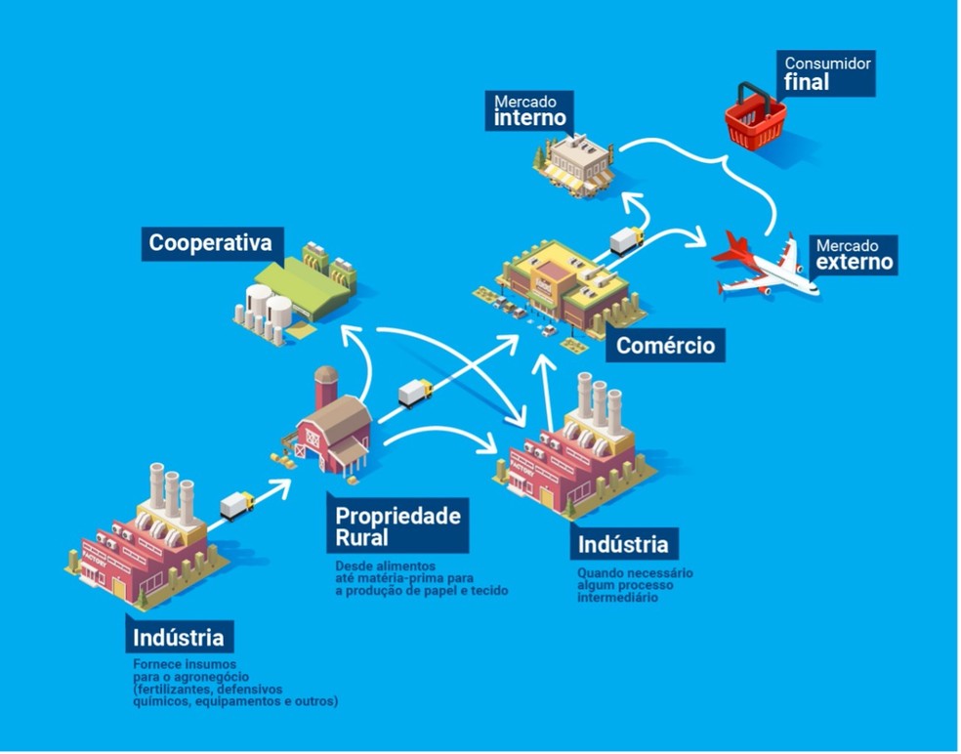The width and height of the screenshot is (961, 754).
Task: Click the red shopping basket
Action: coord(755,116)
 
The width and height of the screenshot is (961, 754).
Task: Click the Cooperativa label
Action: coord(209,241)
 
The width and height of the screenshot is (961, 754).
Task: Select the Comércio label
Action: coord(665,345)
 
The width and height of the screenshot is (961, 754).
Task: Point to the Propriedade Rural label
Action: coord(397,526)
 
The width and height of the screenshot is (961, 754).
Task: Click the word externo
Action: coord(854,262)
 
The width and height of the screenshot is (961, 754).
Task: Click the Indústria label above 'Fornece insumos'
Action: coord(180,638)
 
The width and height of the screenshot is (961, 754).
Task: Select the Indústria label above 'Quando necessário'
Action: coord(623,543)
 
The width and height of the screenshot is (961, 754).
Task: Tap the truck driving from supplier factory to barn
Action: coord(237,504)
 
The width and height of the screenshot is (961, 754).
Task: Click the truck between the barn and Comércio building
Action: coord(415,392)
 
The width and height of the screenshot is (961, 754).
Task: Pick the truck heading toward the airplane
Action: coord(626,239)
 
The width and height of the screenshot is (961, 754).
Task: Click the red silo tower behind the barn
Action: coord(324,388)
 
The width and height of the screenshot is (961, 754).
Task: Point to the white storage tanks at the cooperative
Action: coord(263,312)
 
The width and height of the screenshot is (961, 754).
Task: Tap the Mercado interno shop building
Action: coord(576,162)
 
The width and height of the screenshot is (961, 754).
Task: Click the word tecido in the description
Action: coord(488,591)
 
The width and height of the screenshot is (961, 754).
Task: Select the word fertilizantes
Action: coord(170,689)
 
